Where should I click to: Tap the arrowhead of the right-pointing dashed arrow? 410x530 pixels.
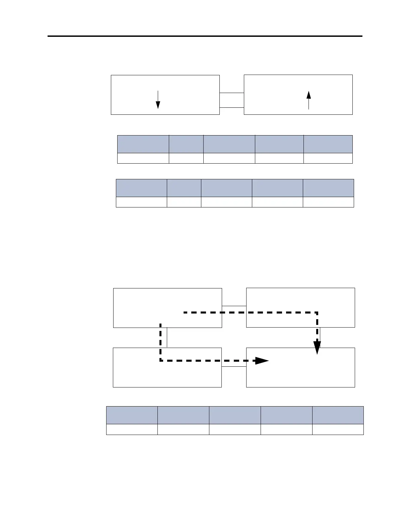262,361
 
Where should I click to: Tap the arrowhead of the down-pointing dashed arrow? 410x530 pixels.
317,348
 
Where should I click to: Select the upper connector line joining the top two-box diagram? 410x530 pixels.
231,93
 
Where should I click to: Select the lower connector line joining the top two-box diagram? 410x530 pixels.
231,107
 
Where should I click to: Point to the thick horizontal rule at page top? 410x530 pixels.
205,36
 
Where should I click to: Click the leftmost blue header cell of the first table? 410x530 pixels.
143,144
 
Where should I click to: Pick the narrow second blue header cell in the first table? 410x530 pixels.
186,144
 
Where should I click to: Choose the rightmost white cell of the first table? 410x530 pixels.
328,158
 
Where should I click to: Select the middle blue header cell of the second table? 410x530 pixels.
226,188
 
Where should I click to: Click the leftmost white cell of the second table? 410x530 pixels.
141,202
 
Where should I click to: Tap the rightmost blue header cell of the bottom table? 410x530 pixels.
338,415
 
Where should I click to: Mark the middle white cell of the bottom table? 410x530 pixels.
235,429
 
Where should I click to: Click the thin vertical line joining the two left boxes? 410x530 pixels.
167,338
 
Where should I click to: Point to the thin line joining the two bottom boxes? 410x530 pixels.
234,367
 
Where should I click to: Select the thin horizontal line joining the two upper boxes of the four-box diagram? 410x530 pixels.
234,306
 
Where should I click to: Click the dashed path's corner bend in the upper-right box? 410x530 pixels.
317,313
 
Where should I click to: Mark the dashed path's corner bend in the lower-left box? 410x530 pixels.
161,361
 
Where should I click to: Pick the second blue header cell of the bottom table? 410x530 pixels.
183,415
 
